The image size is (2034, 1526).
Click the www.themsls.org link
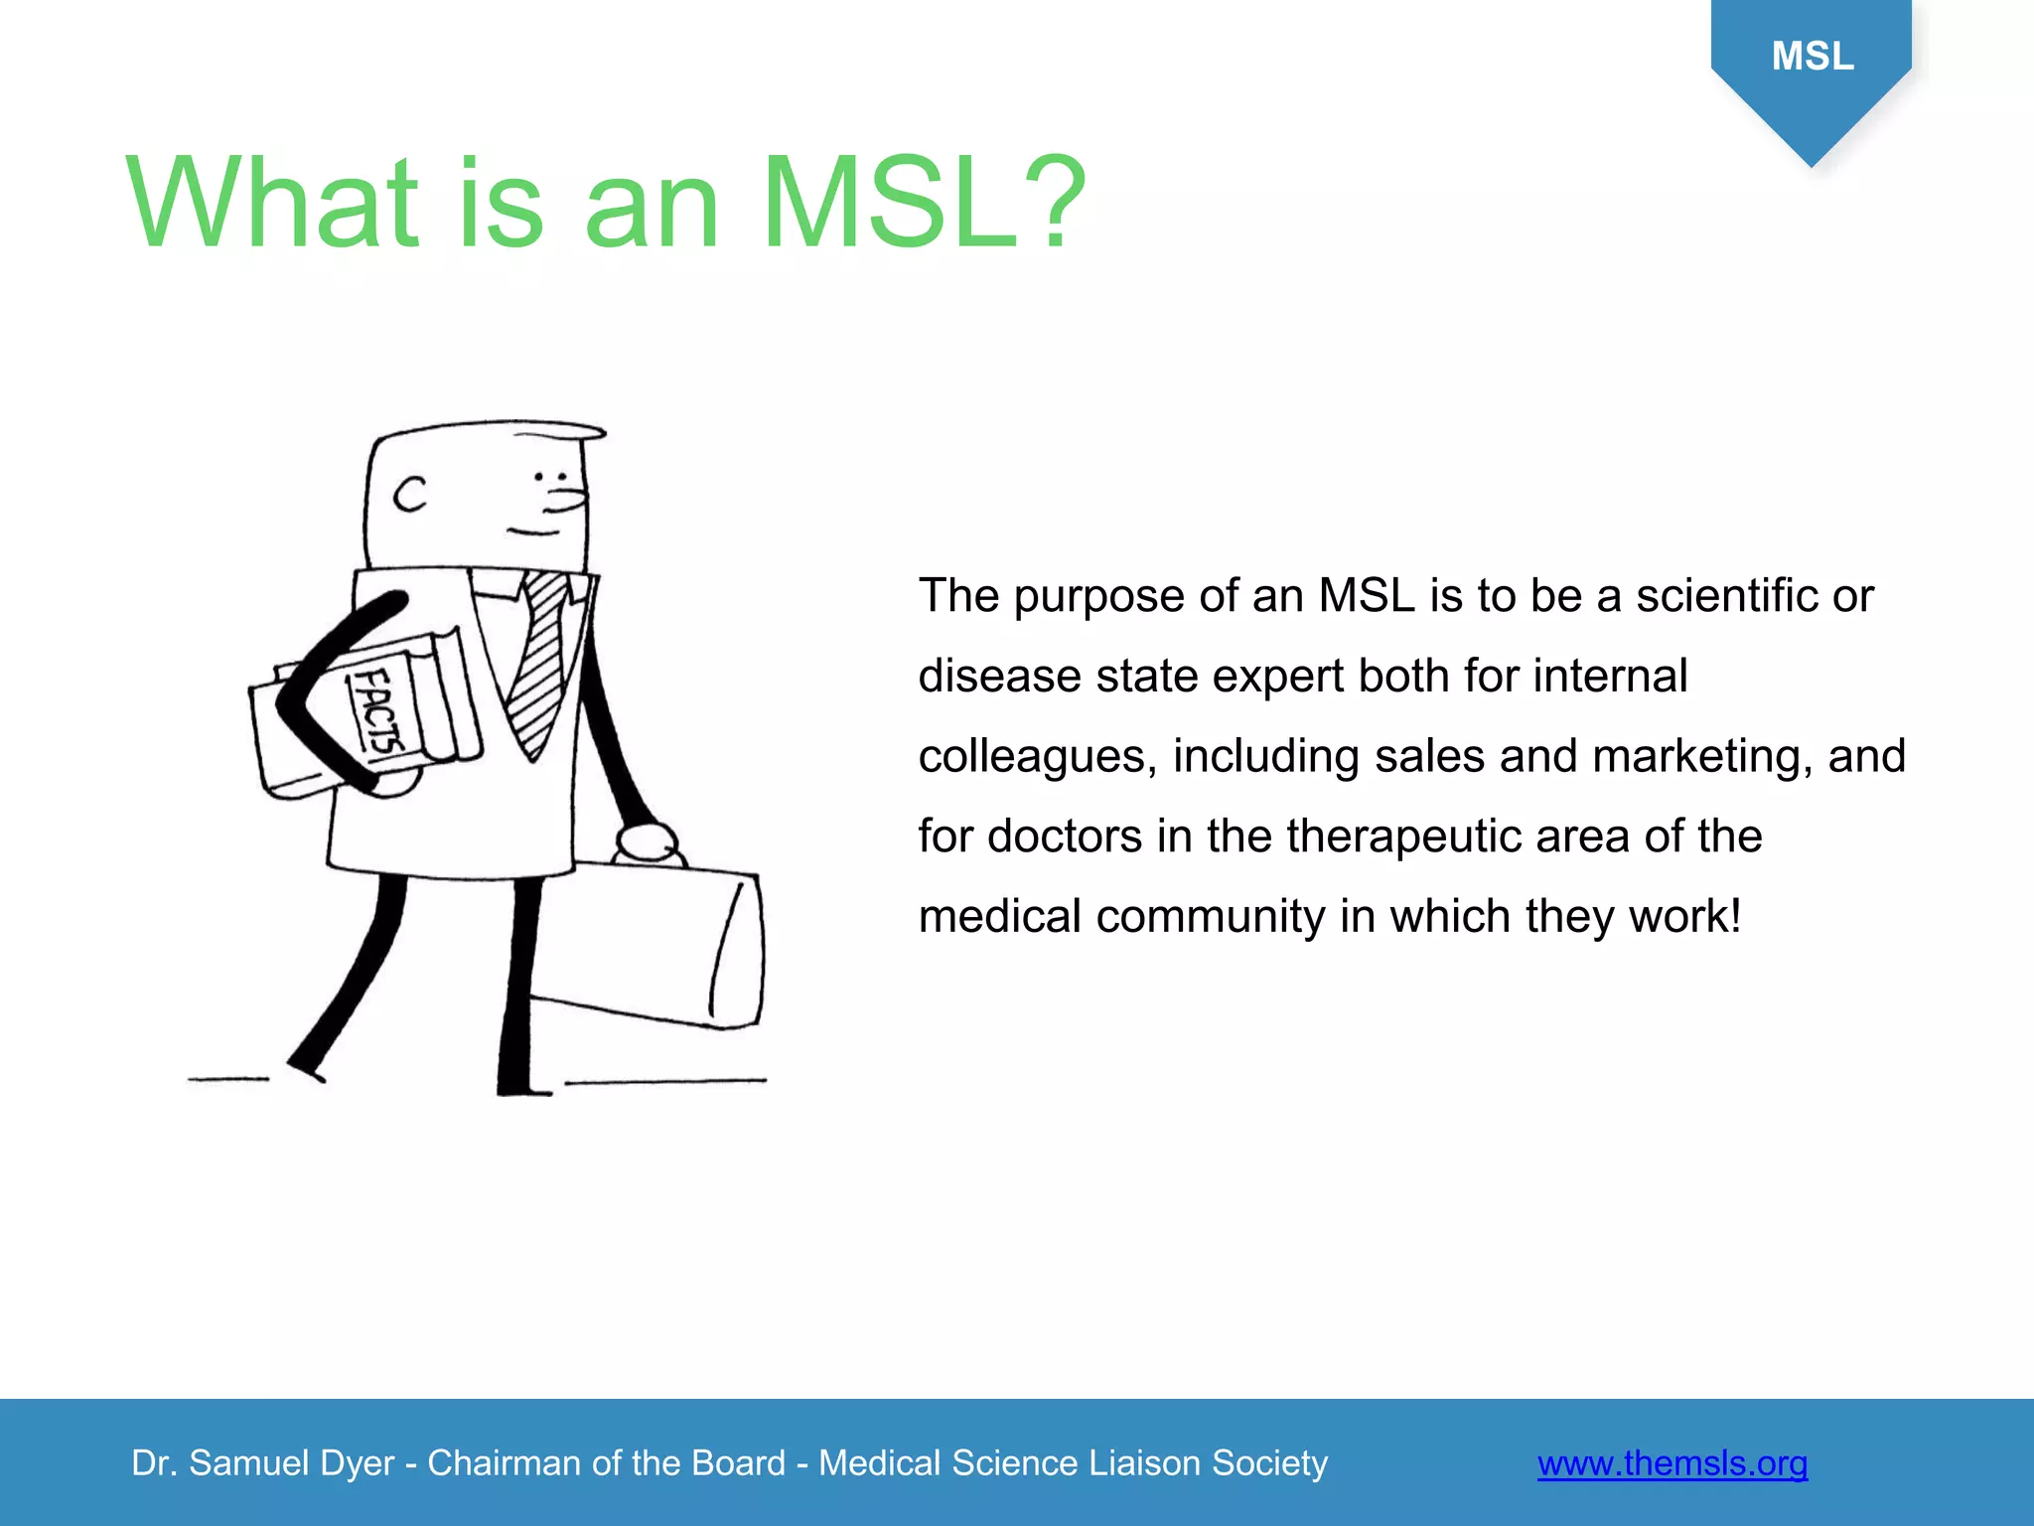1671,1463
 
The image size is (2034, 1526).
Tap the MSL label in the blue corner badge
1813,56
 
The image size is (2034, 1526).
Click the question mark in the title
1055,203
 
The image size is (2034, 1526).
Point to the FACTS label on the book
379,709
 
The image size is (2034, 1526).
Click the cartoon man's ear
410,494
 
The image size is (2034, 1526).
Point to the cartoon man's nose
568,498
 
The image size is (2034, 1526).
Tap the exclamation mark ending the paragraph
1734,916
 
